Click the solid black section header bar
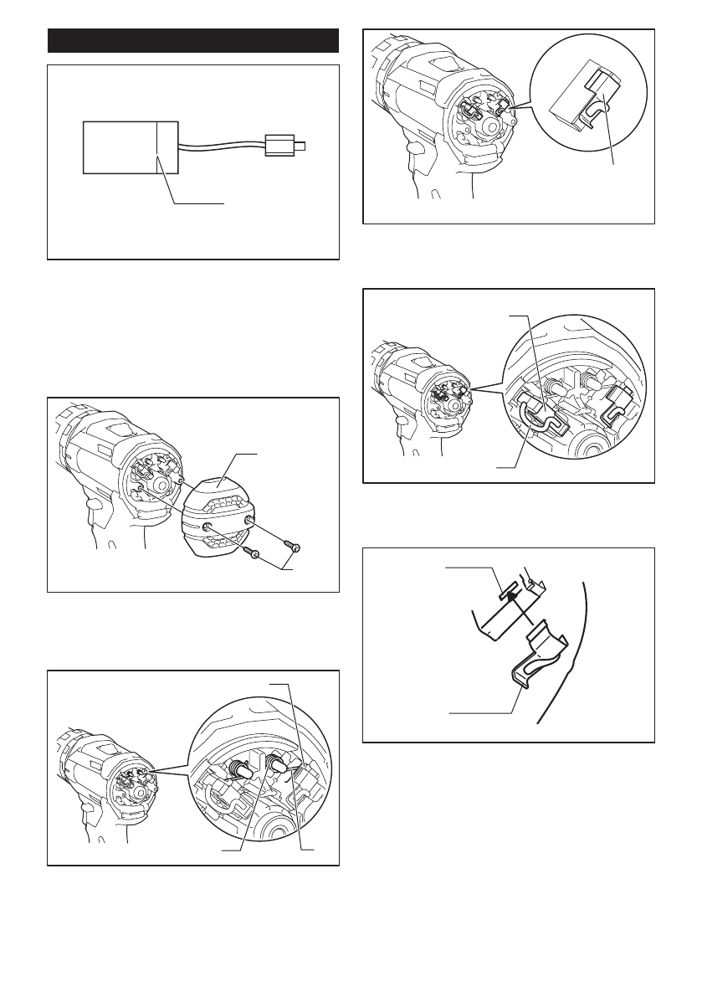[193, 41]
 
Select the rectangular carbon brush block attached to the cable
[130, 146]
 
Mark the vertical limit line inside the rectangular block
[157, 146]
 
